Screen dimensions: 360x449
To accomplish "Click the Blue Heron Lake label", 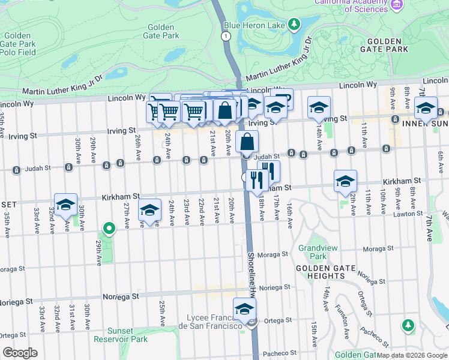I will (254, 25).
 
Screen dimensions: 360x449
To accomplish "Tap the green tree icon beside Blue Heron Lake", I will (294, 24).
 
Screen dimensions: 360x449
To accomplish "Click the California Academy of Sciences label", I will (351, 5).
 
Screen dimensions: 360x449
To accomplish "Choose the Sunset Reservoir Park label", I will (119, 335).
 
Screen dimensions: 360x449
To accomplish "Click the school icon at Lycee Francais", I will (244, 309).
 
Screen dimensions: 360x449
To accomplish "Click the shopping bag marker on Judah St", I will (247, 142).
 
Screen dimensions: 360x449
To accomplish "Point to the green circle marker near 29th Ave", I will (109, 228).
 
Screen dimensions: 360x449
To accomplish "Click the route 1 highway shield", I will (226, 37).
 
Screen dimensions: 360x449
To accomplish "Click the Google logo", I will (20, 353).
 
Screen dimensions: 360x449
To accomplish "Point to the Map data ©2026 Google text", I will (412, 355).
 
